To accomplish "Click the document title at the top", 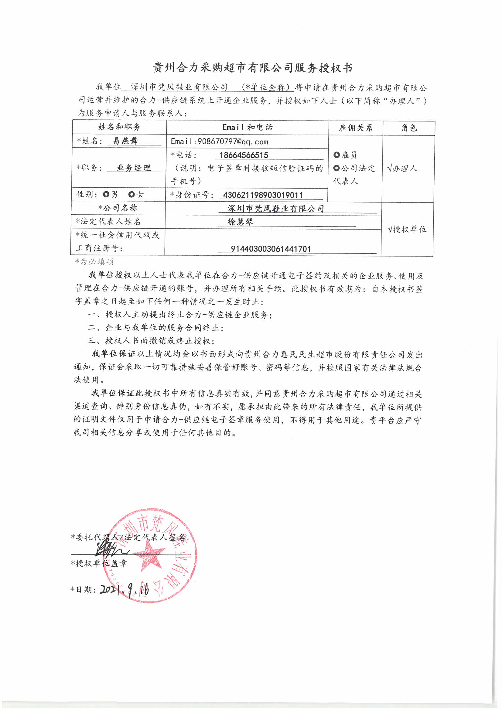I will (x=252, y=68).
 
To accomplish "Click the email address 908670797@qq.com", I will (x=220, y=142).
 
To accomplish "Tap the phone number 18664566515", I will (x=244, y=155).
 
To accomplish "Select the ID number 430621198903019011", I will (x=263, y=195).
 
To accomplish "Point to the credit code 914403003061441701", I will (x=271, y=249).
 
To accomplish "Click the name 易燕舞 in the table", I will (x=125, y=141).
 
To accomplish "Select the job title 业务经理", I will (x=134, y=168).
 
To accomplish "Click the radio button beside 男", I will (x=106, y=194).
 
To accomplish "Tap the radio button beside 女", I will (x=131, y=194).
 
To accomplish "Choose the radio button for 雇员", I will (x=336, y=155).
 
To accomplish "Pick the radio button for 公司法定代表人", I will (x=336, y=168).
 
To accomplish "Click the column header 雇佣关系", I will (x=355, y=128).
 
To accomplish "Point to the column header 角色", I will (x=409, y=128).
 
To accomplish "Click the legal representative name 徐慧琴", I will (x=240, y=222).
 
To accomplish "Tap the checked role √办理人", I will (x=402, y=168).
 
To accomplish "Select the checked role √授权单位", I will (x=407, y=229).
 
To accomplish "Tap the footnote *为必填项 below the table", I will (x=95, y=261).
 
